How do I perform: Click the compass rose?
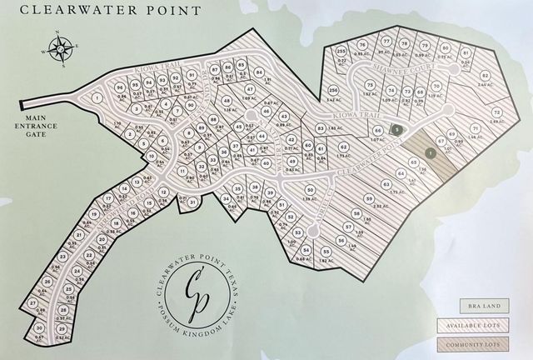(62, 47)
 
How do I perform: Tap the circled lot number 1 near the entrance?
(97, 98)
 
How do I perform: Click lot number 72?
(496, 112)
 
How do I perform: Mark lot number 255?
(341, 51)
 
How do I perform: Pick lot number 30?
(38, 328)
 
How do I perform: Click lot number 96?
(121, 87)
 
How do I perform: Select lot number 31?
(192, 201)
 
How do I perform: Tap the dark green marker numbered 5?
(398, 129)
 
